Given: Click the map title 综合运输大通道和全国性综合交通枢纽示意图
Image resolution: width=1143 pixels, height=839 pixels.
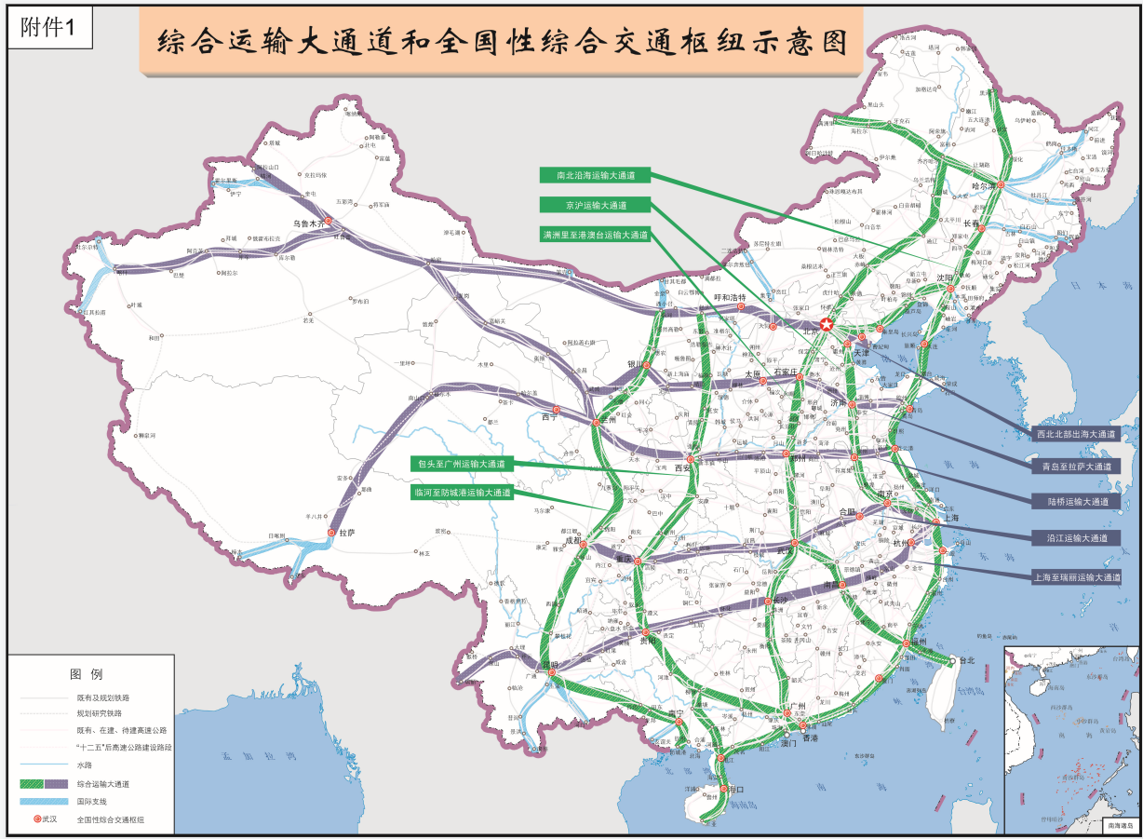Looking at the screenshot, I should (x=502, y=42).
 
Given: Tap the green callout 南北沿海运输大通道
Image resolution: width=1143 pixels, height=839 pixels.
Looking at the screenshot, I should (x=595, y=174).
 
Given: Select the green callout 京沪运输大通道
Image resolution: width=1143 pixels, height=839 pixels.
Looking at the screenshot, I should (x=595, y=205).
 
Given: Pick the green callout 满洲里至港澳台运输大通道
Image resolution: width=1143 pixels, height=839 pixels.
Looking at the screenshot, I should (x=595, y=236).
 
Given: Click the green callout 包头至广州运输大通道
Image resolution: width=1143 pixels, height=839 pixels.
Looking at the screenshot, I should (x=461, y=463).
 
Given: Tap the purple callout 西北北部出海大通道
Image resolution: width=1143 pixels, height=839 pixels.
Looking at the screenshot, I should (x=1076, y=434).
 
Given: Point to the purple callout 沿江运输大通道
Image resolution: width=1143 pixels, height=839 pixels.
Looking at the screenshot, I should (x=1076, y=538).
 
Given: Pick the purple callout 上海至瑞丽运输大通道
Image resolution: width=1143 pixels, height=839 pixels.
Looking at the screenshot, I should (x=1076, y=577).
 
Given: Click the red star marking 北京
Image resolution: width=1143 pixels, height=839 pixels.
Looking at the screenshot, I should (x=827, y=324).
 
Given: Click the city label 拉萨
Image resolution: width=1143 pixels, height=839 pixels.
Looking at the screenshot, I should (x=348, y=533).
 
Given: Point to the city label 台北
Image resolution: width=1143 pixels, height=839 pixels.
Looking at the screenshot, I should (x=965, y=660).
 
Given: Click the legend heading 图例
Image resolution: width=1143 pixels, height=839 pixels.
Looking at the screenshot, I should (x=86, y=673).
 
